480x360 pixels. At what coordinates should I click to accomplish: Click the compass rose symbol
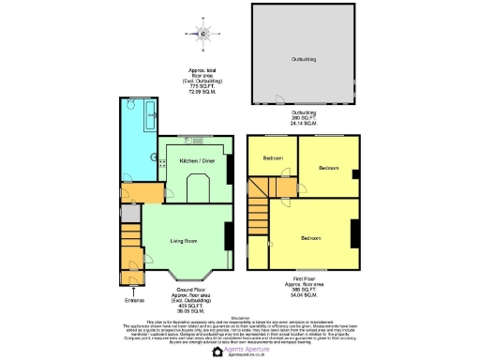pos(205,36)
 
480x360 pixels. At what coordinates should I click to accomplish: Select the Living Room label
pos(183,241)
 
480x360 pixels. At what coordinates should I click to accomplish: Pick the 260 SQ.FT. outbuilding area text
pos(302,118)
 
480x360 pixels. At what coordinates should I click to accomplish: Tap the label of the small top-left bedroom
pos(273,157)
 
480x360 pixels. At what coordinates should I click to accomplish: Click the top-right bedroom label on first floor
pos(329,168)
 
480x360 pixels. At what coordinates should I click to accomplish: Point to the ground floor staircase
pos(131,248)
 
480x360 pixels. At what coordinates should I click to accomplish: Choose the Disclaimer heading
pos(241,317)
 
